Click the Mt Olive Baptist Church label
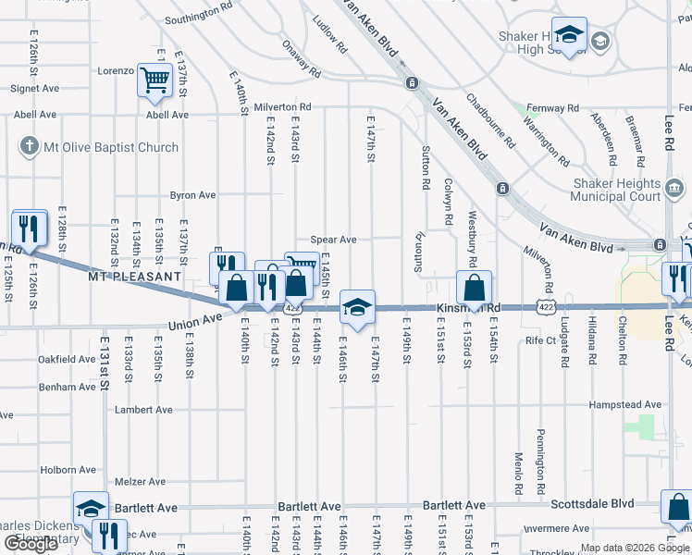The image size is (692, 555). point(111,147)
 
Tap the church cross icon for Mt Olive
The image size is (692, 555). point(30,146)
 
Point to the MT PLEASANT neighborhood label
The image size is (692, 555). point(135,277)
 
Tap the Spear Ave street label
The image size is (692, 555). point(333,240)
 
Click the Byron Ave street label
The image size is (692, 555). point(192,195)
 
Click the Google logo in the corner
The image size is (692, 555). point(31,544)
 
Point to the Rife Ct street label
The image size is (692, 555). point(539,340)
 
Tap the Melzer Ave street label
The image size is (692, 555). point(140,482)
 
